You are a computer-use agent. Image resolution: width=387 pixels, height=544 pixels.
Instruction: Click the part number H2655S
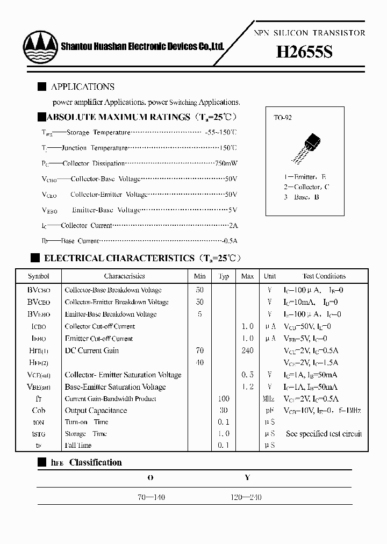[x=304, y=52]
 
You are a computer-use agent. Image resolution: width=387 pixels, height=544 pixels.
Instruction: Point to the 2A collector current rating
[x=233, y=226]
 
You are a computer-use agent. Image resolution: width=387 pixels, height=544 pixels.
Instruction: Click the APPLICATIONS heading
[x=82, y=87]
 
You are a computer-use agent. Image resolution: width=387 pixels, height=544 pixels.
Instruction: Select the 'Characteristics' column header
[x=124, y=276]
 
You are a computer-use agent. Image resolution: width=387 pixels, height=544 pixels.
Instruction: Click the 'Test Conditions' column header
[x=324, y=276]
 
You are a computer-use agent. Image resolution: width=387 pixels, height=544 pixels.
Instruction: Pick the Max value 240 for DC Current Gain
[x=247, y=350]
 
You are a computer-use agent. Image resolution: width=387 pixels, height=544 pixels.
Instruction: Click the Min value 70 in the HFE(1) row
[x=199, y=350]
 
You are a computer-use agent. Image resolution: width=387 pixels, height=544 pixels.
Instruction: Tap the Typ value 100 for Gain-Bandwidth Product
[x=224, y=399]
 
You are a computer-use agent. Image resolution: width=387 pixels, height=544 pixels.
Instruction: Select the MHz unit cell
[x=269, y=399]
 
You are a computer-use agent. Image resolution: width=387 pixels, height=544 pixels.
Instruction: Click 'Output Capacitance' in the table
[x=96, y=411]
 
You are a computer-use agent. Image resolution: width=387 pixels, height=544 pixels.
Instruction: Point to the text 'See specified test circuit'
[x=324, y=434]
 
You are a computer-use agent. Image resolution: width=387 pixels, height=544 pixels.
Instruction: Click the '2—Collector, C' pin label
[x=307, y=187]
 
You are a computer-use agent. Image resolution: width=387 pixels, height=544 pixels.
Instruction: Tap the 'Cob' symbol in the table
[x=39, y=411]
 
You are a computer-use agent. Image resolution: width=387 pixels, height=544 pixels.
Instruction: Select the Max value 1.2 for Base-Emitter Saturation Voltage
[x=247, y=387]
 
